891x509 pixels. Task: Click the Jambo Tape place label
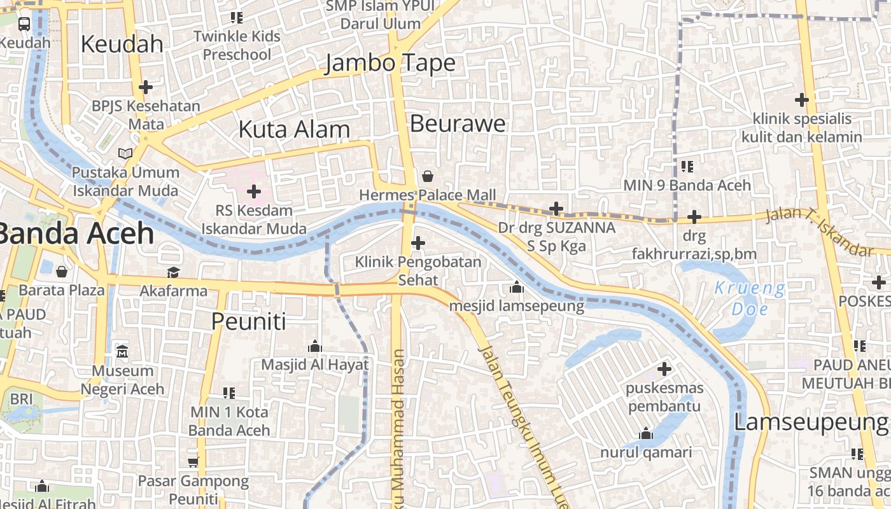point(390,64)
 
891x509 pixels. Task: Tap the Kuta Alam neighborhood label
point(294,129)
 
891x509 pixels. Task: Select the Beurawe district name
point(458,123)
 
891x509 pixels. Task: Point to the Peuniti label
point(248,321)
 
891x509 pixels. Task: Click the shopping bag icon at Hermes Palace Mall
point(428,176)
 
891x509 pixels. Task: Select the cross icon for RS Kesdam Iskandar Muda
point(254,191)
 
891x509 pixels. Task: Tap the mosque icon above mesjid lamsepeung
point(517,288)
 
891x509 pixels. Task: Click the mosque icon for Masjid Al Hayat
point(314,347)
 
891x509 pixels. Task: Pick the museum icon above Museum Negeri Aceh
point(122,351)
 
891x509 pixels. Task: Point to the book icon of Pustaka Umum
point(125,153)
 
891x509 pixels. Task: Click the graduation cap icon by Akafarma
point(173,273)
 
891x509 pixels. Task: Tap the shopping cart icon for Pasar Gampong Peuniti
point(193,462)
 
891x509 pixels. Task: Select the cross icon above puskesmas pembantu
point(664,368)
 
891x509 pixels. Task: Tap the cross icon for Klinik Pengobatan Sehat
point(418,242)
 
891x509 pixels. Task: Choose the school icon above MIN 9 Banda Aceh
point(687,167)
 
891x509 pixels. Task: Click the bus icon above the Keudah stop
point(24,24)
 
